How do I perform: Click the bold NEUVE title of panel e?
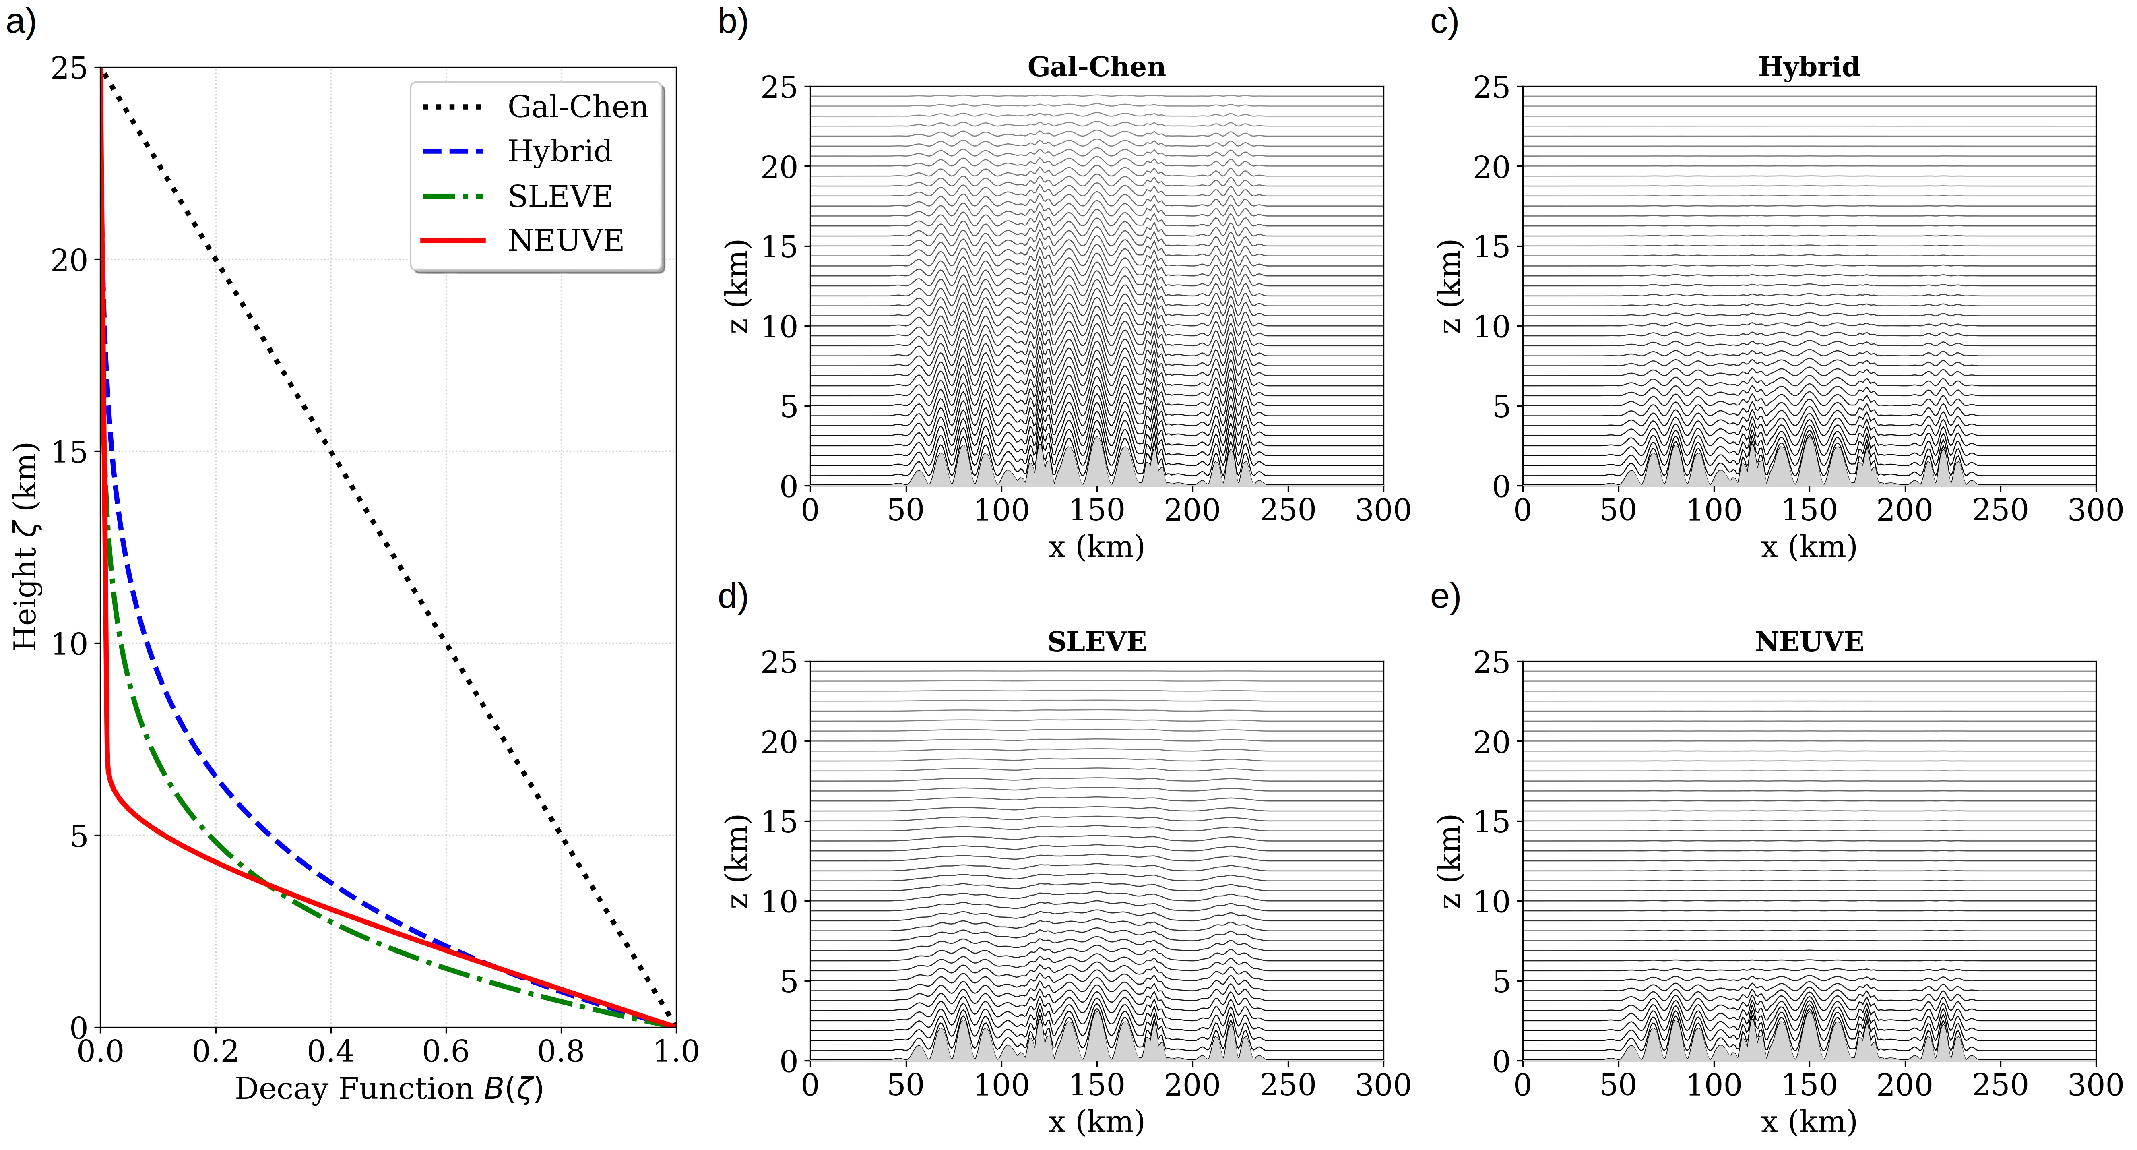[x=1809, y=642]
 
